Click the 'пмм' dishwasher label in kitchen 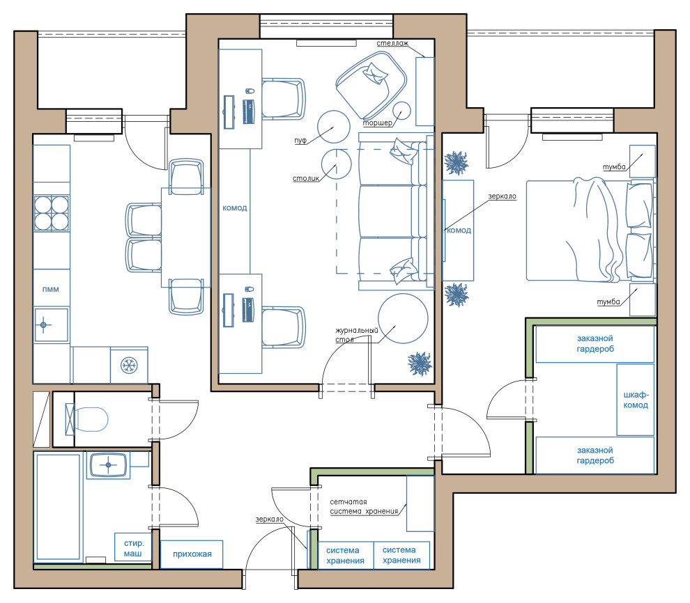pyautogui.click(x=51, y=289)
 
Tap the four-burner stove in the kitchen pyautogui.click(x=52, y=213)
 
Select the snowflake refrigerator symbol pyautogui.click(x=130, y=365)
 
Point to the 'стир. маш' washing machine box pyautogui.click(x=133, y=547)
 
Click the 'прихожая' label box pyautogui.click(x=192, y=554)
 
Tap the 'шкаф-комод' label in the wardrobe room pyautogui.click(x=636, y=400)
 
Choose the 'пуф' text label pyautogui.click(x=300, y=141)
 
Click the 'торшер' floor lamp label pyautogui.click(x=378, y=123)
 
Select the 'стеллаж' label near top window pyautogui.click(x=392, y=43)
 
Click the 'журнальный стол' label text pyautogui.click(x=356, y=335)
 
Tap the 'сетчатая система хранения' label pyautogui.click(x=364, y=506)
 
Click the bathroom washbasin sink pyautogui.click(x=108, y=465)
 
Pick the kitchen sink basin pyautogui.click(x=52, y=324)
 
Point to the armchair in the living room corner pyautogui.click(x=371, y=86)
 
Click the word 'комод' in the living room pyautogui.click(x=235, y=208)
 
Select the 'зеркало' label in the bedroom pyautogui.click(x=502, y=196)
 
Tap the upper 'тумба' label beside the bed pyautogui.click(x=614, y=167)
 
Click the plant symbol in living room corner pyautogui.click(x=420, y=364)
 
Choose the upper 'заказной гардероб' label pyautogui.click(x=595, y=344)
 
